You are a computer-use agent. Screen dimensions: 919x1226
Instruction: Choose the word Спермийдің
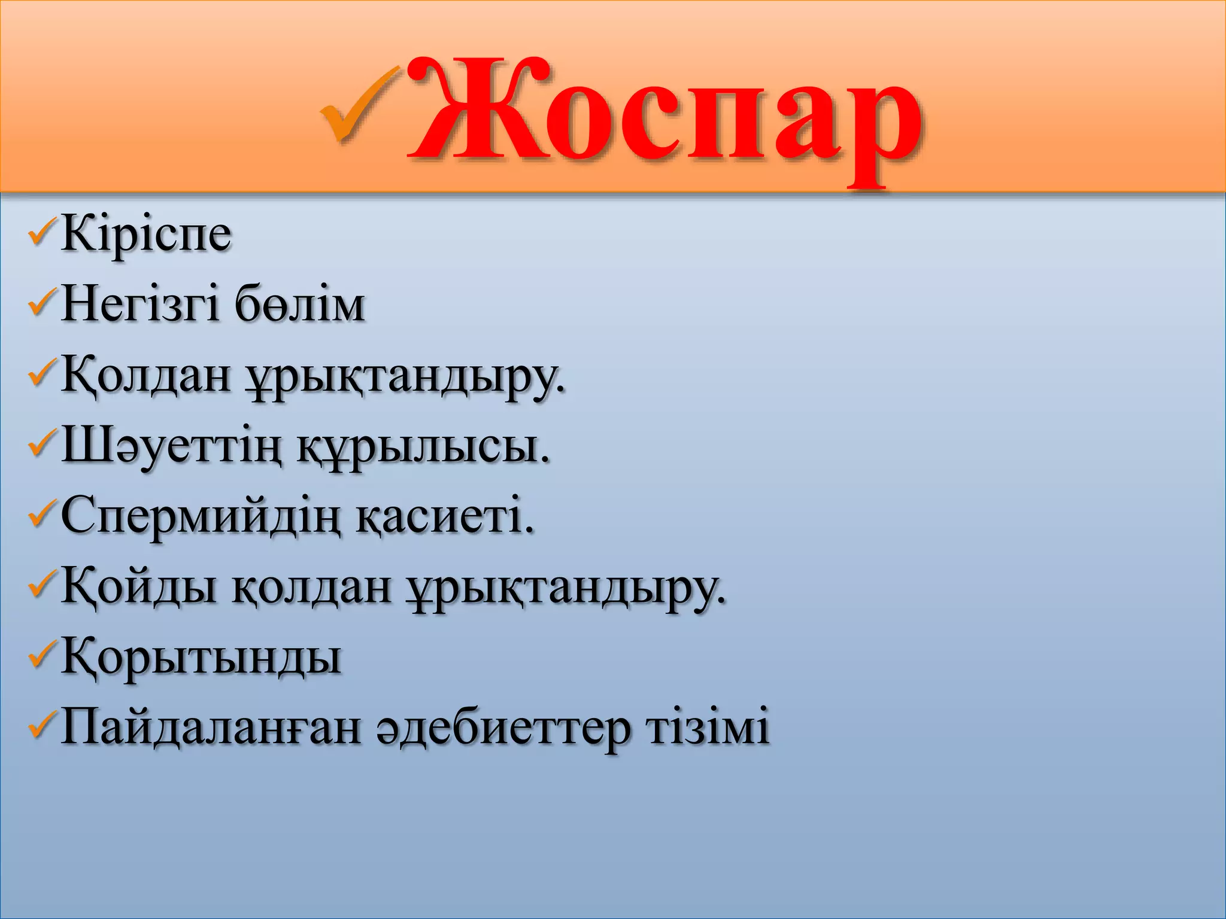[200, 516]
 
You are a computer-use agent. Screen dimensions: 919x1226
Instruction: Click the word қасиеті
[444, 516]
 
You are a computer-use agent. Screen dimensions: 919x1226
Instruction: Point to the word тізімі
[706, 727]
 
